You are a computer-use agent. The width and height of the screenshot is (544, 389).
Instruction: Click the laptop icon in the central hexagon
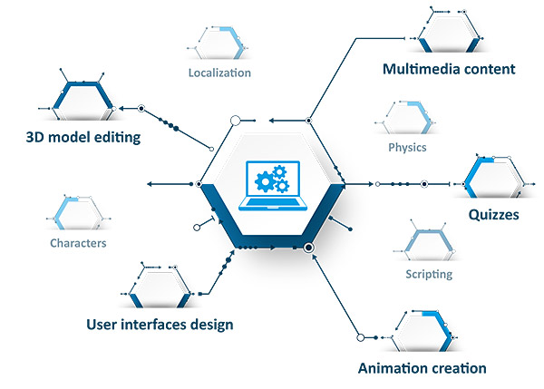[x=273, y=186]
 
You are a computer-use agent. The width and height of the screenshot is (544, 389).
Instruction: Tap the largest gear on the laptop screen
[x=266, y=181]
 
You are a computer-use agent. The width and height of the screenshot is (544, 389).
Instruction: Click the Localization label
[x=219, y=73]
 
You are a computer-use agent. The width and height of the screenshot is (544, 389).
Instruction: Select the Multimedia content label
[x=449, y=69]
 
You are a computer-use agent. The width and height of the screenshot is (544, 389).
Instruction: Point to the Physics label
[x=407, y=148]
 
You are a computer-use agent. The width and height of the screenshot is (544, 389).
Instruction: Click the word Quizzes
[x=494, y=215]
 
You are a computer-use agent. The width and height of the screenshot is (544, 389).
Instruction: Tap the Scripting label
[x=429, y=274]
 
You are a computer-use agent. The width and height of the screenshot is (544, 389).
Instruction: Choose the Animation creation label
[x=422, y=368]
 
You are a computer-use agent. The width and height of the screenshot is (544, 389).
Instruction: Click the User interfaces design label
[x=160, y=325]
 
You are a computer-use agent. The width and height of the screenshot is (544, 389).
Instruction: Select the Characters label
[x=78, y=243]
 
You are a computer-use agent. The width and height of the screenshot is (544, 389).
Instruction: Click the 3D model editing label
[x=83, y=137]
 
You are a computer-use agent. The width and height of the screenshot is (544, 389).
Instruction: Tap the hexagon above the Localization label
[x=219, y=43]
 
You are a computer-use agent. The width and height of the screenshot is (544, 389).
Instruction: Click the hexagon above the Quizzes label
[x=494, y=178]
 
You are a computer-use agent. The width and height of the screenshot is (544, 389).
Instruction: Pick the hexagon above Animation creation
[x=423, y=331]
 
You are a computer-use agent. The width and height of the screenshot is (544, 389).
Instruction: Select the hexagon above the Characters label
[x=78, y=213]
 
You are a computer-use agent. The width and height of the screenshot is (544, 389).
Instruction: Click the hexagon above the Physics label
[x=406, y=118]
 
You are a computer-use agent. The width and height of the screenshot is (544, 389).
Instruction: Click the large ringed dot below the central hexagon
[x=308, y=248]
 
